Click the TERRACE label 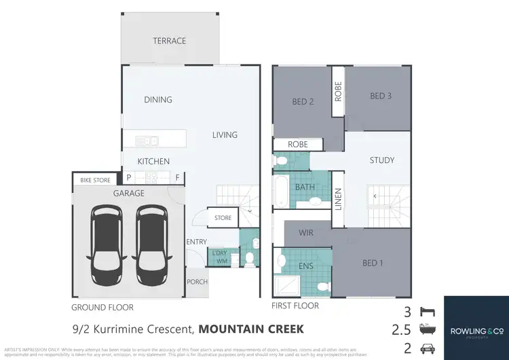[170, 41]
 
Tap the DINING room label [158, 100]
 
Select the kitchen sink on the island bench [147, 141]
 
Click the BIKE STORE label [95, 180]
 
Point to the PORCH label [197, 282]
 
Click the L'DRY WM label [219, 257]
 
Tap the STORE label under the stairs [223, 218]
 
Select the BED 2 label [302, 103]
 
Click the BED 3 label [381, 96]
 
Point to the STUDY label [381, 160]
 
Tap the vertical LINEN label [338, 198]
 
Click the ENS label [306, 266]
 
